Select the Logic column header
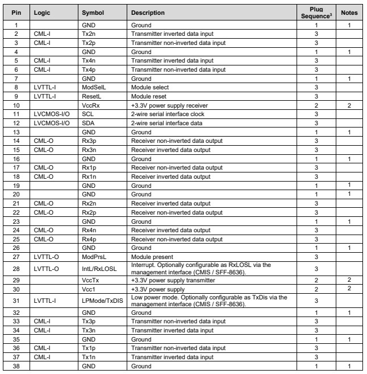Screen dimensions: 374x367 pos(43,12)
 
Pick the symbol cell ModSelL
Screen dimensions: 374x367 pos(93,89)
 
